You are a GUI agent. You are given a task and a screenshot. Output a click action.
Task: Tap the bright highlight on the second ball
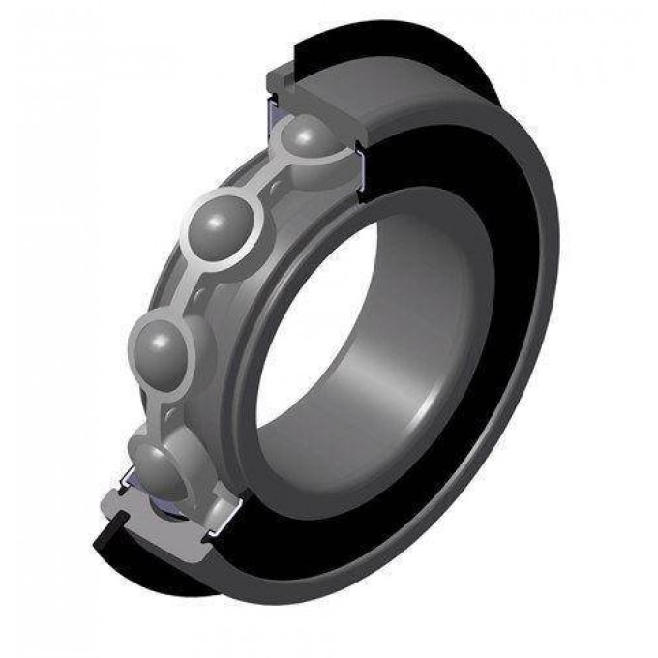click(x=215, y=213)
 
